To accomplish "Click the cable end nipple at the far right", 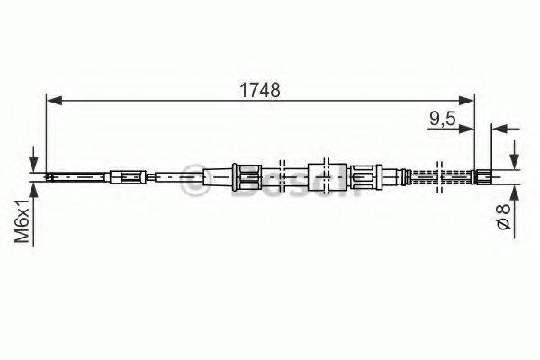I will point(482,175).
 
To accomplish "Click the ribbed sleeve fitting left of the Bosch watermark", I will point(244,175).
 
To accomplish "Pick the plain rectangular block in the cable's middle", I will point(320,175).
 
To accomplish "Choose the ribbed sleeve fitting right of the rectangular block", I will point(368,175).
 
